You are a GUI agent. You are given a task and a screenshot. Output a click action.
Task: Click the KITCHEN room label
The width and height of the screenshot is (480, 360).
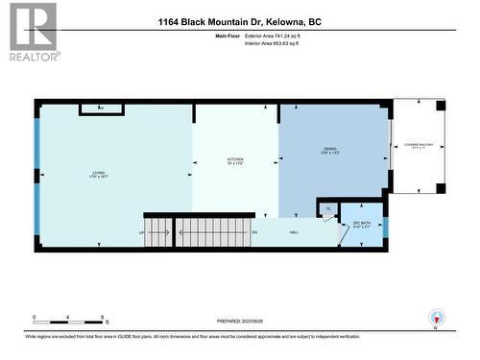click(x=235, y=160)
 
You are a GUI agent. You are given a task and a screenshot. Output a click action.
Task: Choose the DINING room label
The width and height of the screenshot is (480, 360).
click(x=330, y=152)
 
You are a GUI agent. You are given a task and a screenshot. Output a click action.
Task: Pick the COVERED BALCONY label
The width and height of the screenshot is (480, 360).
click(x=415, y=146)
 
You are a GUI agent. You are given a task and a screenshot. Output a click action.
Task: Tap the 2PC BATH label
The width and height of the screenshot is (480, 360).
click(x=362, y=227)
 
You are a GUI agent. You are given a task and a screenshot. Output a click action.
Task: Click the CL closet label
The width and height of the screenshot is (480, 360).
click(x=327, y=208)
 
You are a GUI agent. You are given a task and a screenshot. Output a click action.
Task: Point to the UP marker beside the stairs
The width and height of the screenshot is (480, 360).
click(x=143, y=232)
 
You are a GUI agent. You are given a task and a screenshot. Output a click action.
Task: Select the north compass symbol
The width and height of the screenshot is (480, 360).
click(x=439, y=320)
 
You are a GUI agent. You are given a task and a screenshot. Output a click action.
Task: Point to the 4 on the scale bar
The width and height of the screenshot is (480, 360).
click(x=68, y=317)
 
